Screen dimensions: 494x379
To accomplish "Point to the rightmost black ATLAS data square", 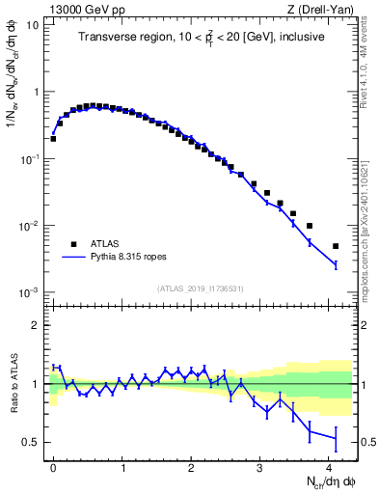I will click(x=336, y=246).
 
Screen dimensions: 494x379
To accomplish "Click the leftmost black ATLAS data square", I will click(x=53, y=138).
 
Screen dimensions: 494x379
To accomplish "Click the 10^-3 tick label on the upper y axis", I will click(x=30, y=292).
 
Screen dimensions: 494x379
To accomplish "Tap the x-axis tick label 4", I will click(x=329, y=467).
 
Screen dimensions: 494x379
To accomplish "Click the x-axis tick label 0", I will click(x=53, y=467).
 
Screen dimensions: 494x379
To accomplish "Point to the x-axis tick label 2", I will click(x=191, y=467).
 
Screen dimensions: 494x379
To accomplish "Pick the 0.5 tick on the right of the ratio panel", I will click(x=365, y=443).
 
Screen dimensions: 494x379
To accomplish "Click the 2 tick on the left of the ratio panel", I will click(x=38, y=325).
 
